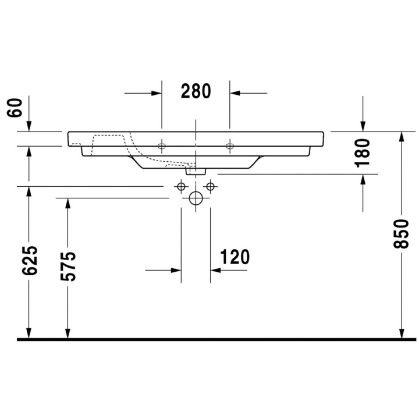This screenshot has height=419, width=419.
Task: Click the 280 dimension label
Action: click(196, 91)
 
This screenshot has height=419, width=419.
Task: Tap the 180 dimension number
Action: click(363, 152)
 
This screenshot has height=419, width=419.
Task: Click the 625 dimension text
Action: click(30, 260)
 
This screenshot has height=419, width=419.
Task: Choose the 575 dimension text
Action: click(69, 267)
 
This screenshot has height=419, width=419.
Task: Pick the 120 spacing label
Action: click(235, 257)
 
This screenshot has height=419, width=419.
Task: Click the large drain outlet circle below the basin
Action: click(196, 198)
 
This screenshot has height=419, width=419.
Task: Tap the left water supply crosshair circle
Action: click(181, 186)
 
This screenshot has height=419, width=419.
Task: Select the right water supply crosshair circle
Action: click(210, 186)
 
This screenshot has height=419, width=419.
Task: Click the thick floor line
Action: click(210, 339)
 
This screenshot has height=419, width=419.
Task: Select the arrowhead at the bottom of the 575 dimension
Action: click(68, 332)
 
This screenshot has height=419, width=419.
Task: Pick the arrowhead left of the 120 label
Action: click(175, 270)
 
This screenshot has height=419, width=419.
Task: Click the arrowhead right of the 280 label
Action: click(236, 93)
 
